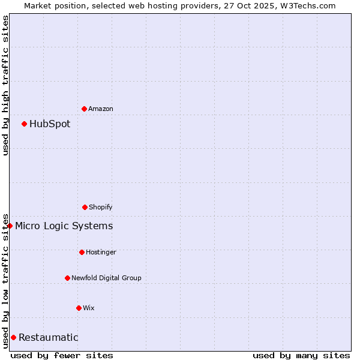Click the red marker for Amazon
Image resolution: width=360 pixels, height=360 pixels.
click(x=84, y=109)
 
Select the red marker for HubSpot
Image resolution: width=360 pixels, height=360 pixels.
click(x=24, y=124)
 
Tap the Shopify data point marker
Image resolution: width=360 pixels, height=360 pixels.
click(x=85, y=207)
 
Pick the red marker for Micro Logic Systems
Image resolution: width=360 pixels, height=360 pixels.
click(x=10, y=226)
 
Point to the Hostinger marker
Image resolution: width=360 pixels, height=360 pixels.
click(x=82, y=252)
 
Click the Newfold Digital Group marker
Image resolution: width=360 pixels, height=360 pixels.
click(x=67, y=278)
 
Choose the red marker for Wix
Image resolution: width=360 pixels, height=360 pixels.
click(x=79, y=308)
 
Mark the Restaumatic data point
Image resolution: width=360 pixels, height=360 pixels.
click(x=13, y=337)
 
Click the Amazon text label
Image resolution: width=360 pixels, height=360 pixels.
click(x=101, y=109)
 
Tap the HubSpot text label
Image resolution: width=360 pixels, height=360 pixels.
click(x=50, y=124)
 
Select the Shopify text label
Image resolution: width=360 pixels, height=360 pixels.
click(x=101, y=207)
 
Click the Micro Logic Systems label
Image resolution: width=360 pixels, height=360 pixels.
click(x=64, y=226)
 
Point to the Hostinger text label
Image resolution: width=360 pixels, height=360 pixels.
click(x=101, y=252)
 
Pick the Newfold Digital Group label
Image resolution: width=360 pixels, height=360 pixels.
click(x=106, y=278)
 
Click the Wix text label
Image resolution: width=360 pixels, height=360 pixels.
click(x=89, y=308)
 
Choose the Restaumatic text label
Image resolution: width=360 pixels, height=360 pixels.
click(x=49, y=337)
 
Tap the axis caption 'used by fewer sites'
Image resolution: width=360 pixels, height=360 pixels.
click(x=62, y=355)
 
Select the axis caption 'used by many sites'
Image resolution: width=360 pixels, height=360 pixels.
click(x=301, y=355)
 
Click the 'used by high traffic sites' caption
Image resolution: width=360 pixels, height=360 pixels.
click(x=5, y=85)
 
